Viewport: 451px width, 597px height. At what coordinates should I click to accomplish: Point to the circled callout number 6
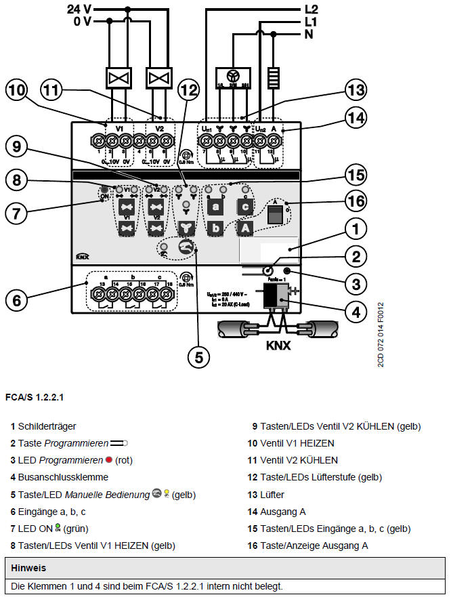[18, 298]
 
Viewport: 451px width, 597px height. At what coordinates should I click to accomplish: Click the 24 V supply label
[81, 9]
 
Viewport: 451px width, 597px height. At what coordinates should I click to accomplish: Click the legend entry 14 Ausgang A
[278, 512]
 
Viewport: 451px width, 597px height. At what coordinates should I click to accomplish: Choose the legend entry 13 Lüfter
[267, 495]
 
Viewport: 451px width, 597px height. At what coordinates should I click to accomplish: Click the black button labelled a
[215, 206]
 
